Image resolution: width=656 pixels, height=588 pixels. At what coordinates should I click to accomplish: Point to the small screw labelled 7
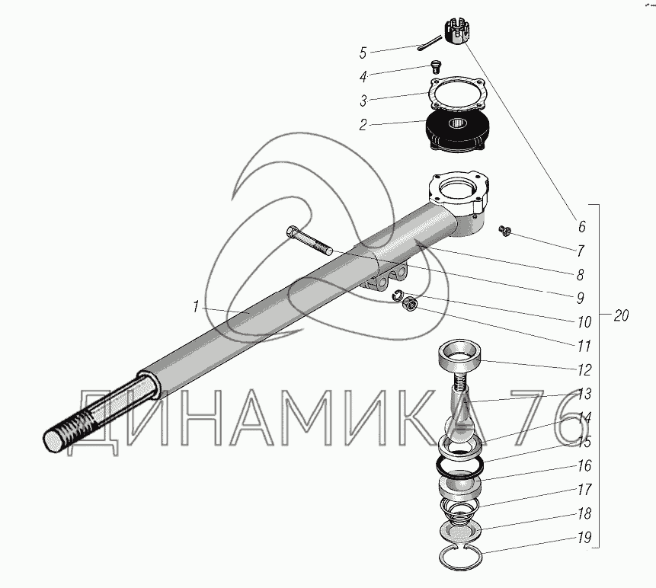tap(503, 229)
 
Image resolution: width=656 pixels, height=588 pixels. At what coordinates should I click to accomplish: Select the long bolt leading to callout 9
tap(308, 241)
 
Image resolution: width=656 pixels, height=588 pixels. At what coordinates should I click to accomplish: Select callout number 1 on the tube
tap(196, 307)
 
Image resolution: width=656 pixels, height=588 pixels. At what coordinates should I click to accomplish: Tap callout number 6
tap(581, 226)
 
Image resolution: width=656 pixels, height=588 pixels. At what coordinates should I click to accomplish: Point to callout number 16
tap(584, 465)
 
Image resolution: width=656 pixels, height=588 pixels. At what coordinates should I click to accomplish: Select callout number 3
tap(363, 99)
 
